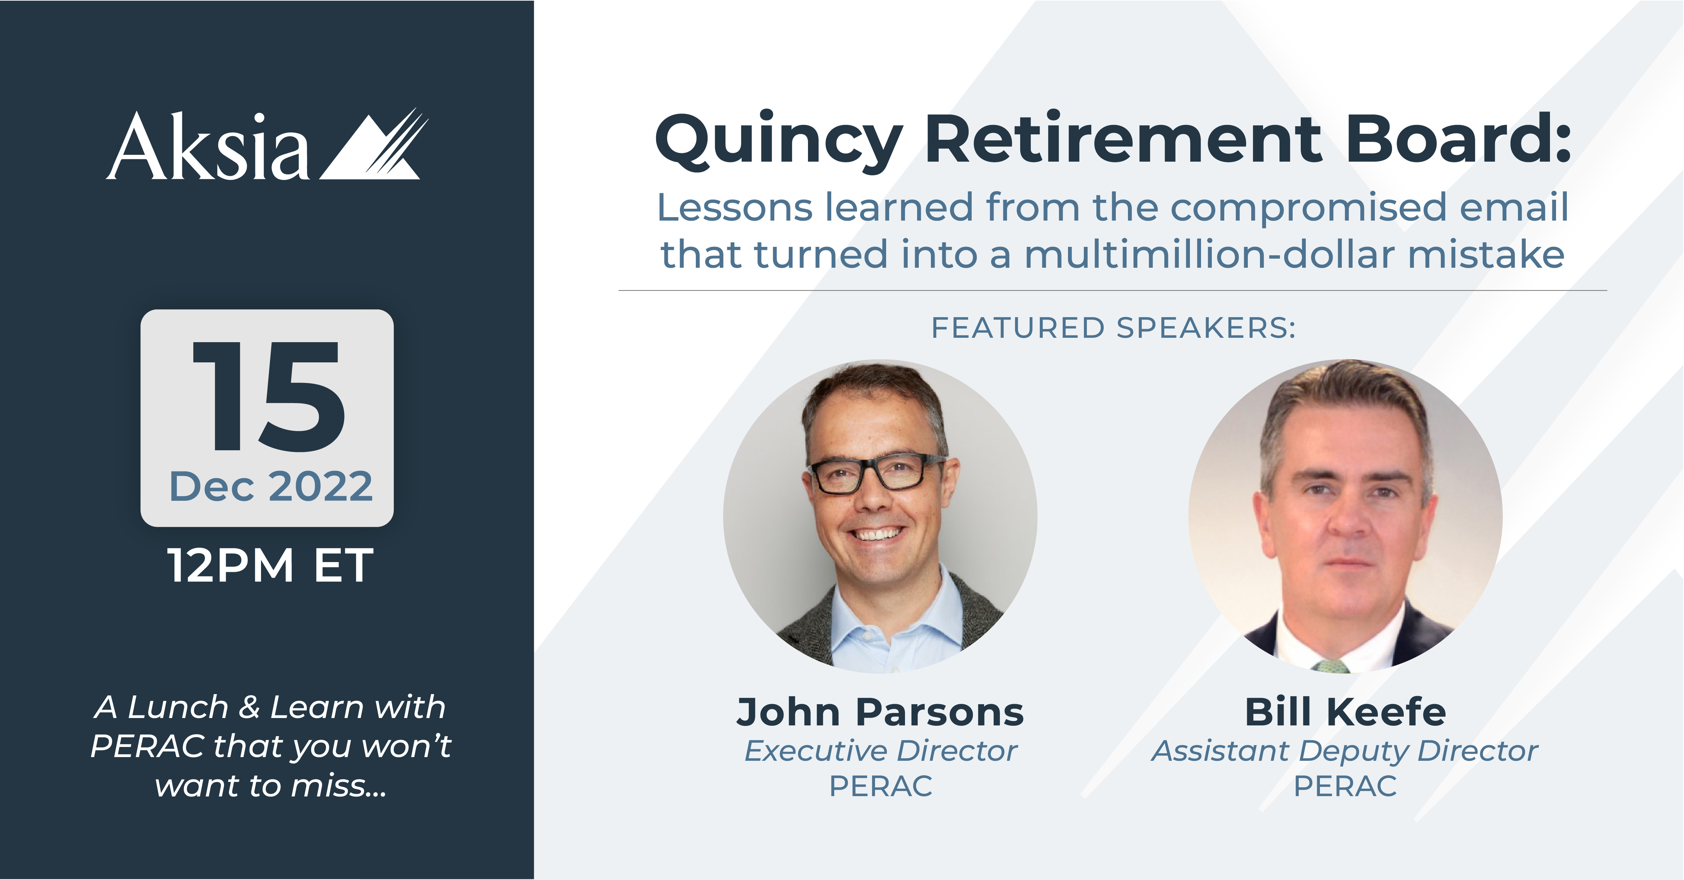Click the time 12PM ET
(x=270, y=565)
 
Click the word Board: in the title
(x=1458, y=139)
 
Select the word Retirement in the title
(x=1123, y=139)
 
